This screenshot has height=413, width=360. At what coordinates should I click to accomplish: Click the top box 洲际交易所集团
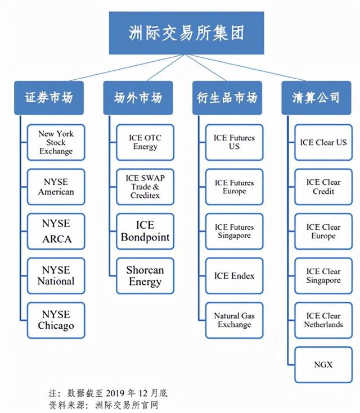coord(186,33)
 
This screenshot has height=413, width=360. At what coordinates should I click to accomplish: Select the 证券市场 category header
coord(49,98)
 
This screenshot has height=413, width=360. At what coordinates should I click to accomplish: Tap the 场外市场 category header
coord(138,98)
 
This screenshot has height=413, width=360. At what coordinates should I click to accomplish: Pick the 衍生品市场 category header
coord(227,98)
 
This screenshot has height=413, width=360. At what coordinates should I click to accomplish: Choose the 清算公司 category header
coord(316,98)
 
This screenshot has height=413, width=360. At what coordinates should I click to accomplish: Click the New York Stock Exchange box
coord(56,142)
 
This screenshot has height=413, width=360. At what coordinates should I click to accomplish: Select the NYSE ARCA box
coord(56,232)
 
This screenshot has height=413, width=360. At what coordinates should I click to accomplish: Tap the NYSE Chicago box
coord(56,320)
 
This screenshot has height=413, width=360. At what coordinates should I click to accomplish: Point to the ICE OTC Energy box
coord(145,142)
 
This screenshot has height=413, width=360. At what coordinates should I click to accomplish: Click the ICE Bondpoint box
coord(145,232)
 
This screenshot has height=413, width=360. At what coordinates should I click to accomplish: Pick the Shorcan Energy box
coord(145,276)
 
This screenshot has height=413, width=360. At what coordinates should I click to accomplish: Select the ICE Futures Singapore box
coord(234,232)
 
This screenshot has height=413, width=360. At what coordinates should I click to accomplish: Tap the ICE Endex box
coord(234,276)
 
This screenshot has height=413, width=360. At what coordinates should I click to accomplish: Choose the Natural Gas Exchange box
coord(234,320)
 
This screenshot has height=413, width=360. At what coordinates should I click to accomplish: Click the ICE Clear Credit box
coord(323,187)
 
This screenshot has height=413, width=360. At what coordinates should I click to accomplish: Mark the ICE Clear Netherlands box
coord(323,320)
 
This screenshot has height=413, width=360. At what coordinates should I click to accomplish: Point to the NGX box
coord(323,365)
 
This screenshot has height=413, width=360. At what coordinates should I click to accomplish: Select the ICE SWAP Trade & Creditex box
coord(145,187)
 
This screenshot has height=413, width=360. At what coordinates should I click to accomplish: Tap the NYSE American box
coord(56,187)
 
